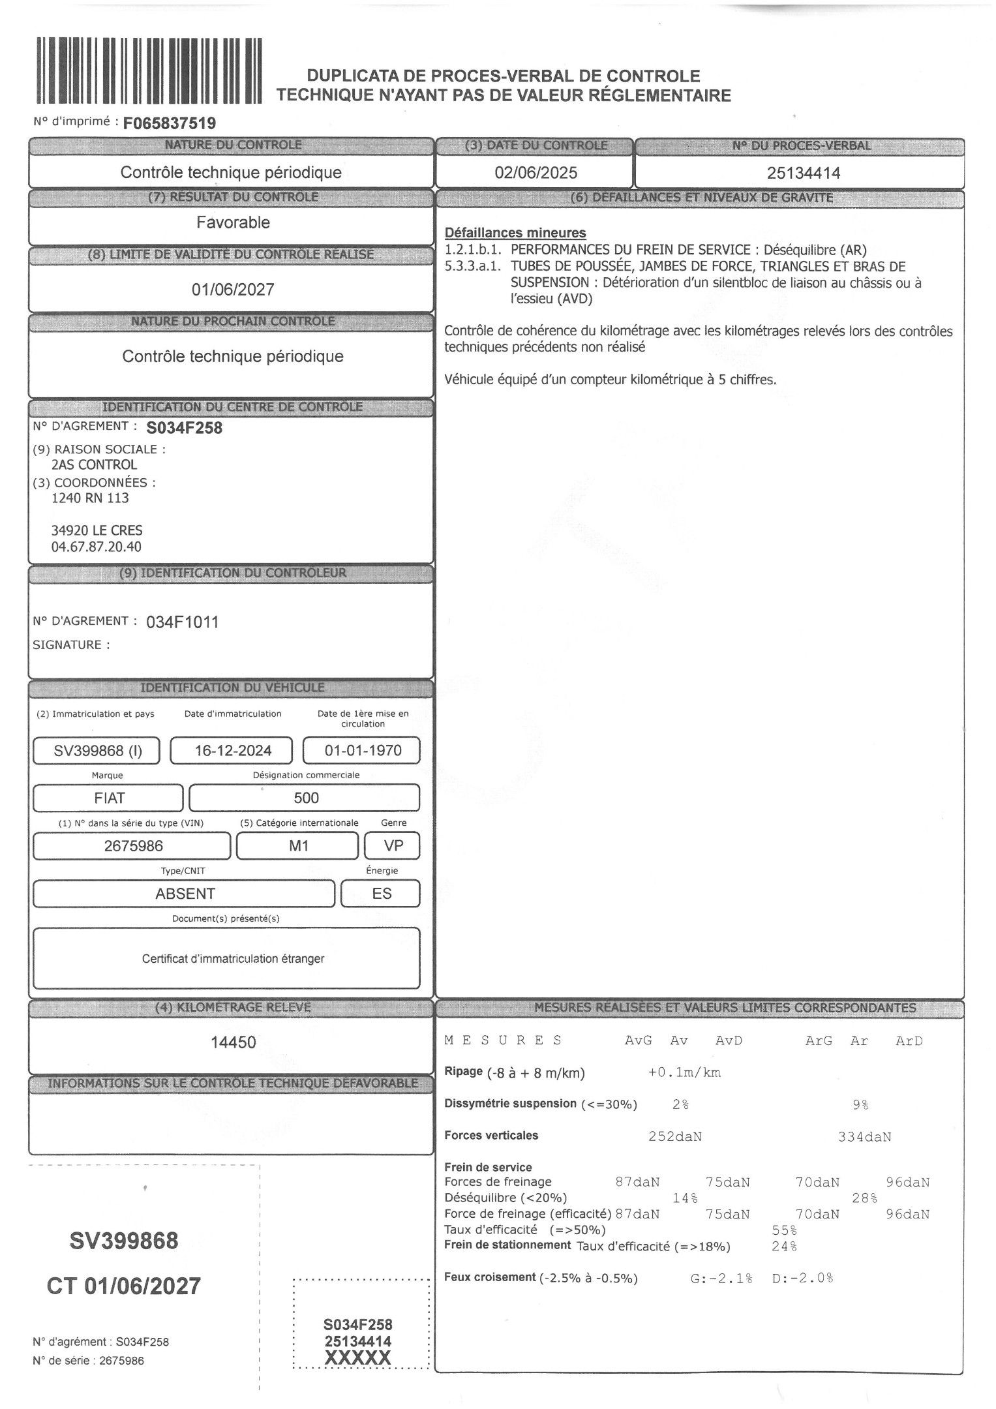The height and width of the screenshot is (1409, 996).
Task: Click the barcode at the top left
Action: click(x=149, y=70)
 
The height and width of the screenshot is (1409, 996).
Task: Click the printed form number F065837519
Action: click(x=169, y=123)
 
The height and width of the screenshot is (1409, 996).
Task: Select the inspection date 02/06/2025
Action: click(x=536, y=173)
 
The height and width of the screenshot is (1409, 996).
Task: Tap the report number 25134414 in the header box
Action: click(x=803, y=173)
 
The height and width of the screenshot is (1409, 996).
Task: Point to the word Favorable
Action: click(x=233, y=222)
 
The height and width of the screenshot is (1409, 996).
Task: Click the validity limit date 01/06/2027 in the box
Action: click(x=233, y=290)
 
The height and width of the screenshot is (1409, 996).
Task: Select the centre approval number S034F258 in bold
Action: click(x=185, y=428)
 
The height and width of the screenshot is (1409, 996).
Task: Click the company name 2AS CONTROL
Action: click(x=94, y=465)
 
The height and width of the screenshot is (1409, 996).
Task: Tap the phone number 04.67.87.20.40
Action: click(x=96, y=547)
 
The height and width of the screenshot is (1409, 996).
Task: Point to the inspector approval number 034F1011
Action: click(x=183, y=622)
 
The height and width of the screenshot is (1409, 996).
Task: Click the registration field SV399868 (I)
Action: click(x=97, y=751)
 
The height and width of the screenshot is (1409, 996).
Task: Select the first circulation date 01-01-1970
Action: click(x=363, y=751)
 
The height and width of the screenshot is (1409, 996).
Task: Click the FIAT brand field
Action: click(x=109, y=798)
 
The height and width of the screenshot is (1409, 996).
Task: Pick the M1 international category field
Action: click(x=298, y=846)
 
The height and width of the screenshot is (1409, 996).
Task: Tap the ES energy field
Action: click(x=382, y=894)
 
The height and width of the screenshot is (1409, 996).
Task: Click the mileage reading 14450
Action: click(x=233, y=1042)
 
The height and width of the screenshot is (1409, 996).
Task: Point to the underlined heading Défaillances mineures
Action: click(x=515, y=233)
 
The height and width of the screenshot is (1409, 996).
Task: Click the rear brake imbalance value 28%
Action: click(x=864, y=1198)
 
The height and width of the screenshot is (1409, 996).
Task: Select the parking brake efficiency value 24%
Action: click(x=784, y=1247)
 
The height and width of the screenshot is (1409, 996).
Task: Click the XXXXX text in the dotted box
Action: click(x=358, y=1358)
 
